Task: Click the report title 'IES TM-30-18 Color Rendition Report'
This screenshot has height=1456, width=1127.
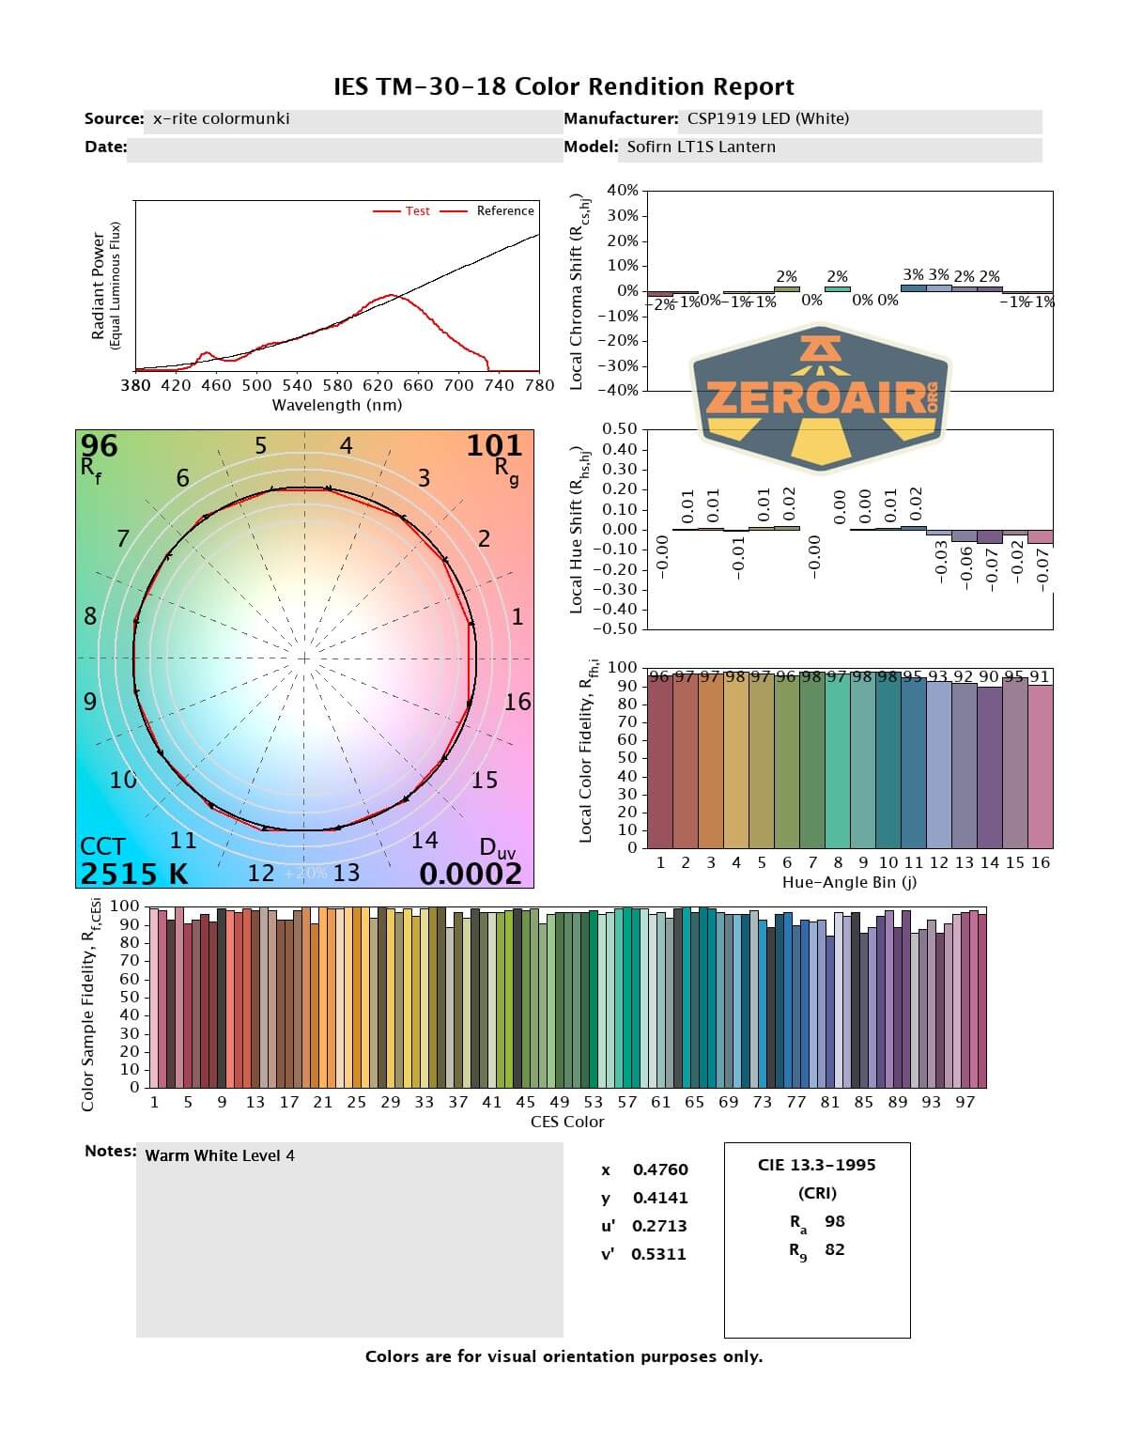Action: click(563, 87)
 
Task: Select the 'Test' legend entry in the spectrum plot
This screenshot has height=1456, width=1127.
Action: click(417, 211)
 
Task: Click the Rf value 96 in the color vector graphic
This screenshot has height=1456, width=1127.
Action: click(100, 446)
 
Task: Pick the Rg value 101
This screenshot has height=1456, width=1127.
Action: click(494, 446)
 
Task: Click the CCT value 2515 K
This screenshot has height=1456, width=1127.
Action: click(134, 874)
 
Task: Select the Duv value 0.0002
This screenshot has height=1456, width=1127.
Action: click(470, 874)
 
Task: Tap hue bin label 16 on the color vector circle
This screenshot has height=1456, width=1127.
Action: click(517, 702)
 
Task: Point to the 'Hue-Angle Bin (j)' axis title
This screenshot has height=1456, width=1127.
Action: click(849, 882)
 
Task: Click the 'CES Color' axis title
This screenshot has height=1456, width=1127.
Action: click(567, 1122)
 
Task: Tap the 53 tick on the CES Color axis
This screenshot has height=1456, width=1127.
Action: click(594, 1102)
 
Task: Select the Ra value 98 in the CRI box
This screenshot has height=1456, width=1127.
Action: click(835, 1221)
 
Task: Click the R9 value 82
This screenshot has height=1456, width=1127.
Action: click(835, 1249)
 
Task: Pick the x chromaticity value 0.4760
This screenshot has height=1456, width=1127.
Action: click(660, 1169)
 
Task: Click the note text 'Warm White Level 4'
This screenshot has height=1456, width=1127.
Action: click(220, 1155)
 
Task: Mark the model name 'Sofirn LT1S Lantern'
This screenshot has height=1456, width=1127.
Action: click(702, 147)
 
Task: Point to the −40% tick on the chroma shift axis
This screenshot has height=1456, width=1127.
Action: click(620, 391)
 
